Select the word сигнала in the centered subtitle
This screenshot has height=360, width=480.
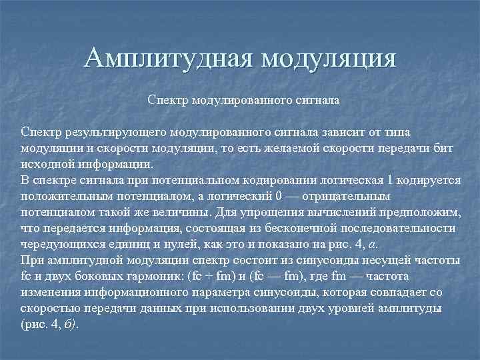pyautogui.click(x=313, y=102)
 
